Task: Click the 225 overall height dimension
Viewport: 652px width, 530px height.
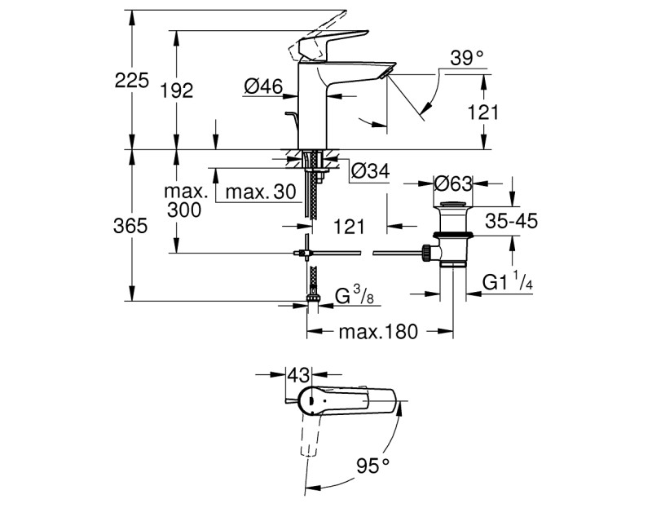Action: click(131, 81)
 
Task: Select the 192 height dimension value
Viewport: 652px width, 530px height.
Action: click(176, 91)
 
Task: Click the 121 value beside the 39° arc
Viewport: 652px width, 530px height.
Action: click(482, 113)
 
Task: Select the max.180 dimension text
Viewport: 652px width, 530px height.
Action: click(379, 332)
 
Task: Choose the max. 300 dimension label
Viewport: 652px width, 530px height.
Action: click(187, 201)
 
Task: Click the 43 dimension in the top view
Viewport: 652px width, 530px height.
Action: click(299, 376)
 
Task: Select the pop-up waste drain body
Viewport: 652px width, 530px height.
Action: click(452, 236)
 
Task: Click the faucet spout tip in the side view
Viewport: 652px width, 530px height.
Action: click(386, 70)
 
